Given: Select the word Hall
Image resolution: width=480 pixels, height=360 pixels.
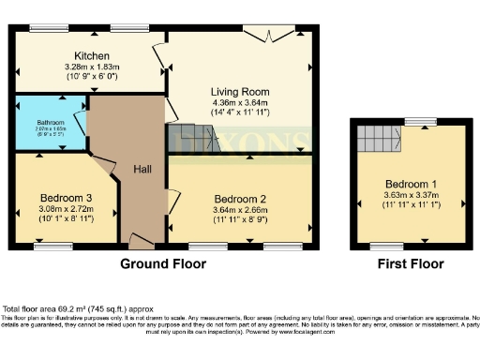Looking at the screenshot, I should coord(142,169).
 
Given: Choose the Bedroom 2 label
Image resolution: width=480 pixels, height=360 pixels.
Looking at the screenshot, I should coord(241,199).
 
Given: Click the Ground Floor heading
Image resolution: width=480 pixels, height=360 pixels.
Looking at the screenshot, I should coord(162,264).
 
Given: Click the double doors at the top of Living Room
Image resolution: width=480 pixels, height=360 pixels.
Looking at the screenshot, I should coord(268,34).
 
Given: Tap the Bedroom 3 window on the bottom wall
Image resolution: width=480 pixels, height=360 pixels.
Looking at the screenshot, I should coord(58,247).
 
